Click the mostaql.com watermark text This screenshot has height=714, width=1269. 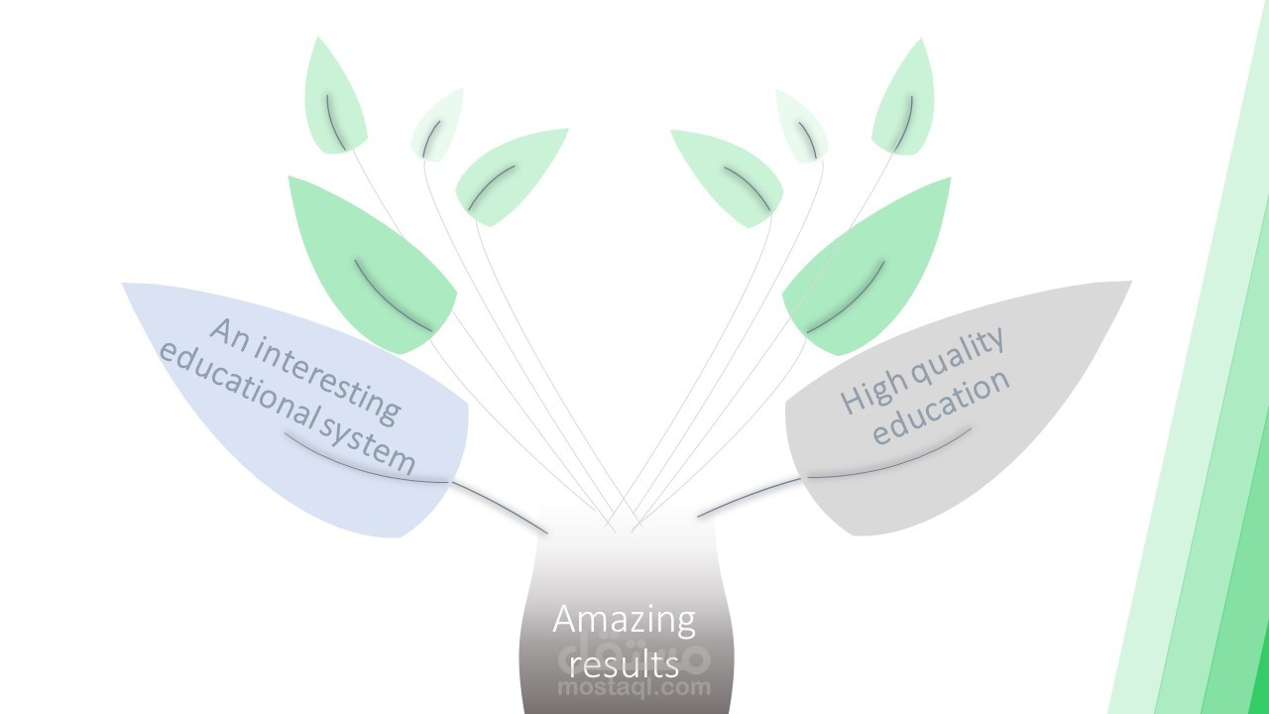click(x=634, y=686)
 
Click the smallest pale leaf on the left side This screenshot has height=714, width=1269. click(x=436, y=124)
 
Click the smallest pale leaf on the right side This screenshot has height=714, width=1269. click(x=801, y=125)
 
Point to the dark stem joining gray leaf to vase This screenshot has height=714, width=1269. click(x=749, y=497)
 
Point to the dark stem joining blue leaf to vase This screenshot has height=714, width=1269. click(x=501, y=506)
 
